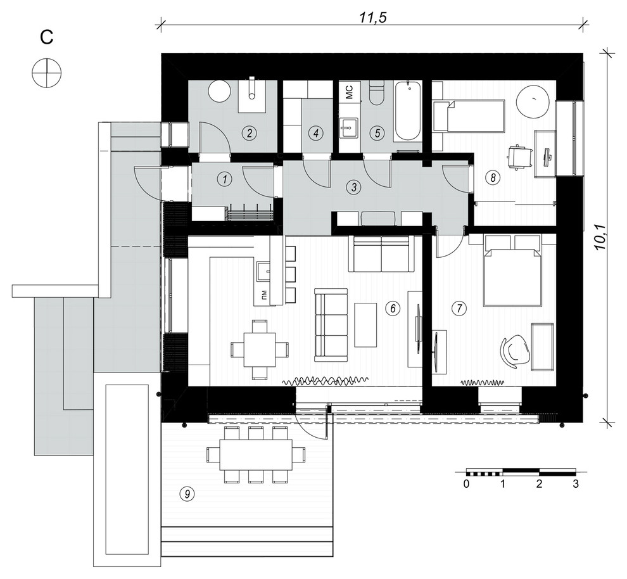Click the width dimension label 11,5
374,18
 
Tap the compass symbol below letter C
47,72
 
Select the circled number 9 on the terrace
187,494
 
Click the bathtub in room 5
408,110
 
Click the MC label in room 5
349,92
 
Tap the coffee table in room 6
365,325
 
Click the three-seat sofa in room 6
331,325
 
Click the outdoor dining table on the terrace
256,455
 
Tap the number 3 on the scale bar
576,484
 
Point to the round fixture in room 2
220,91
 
